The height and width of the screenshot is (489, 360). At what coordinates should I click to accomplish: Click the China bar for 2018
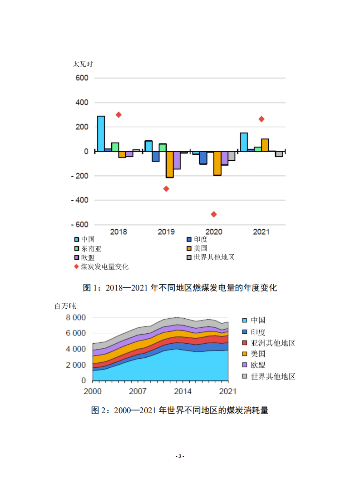pyautogui.click(x=101, y=133)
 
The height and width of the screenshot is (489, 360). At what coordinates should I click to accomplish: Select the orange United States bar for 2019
pyautogui.click(x=169, y=164)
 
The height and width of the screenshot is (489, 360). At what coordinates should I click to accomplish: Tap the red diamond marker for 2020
pyautogui.click(x=214, y=214)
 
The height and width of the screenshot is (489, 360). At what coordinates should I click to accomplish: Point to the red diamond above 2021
pyautogui.click(x=261, y=119)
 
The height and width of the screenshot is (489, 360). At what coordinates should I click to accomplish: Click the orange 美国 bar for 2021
pyautogui.click(x=265, y=145)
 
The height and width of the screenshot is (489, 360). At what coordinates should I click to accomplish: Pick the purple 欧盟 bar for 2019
pyautogui.click(x=177, y=160)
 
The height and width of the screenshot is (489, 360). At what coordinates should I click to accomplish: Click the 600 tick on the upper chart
pyautogui.click(x=82, y=78)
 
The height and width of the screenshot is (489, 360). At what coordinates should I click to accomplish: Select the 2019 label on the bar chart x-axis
pyautogui.click(x=166, y=232)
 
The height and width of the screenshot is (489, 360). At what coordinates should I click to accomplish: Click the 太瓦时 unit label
pyautogui.click(x=83, y=64)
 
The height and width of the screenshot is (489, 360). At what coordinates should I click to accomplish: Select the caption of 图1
pyautogui.click(x=180, y=287)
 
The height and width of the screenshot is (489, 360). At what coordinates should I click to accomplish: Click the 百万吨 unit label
pyautogui.click(x=64, y=306)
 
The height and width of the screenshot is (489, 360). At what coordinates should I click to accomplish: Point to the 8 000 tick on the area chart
pyautogui.click(x=75, y=317)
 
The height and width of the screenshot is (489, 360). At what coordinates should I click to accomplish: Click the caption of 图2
pyautogui.click(x=180, y=410)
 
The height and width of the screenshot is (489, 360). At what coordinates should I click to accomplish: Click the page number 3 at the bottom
pyautogui.click(x=180, y=456)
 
